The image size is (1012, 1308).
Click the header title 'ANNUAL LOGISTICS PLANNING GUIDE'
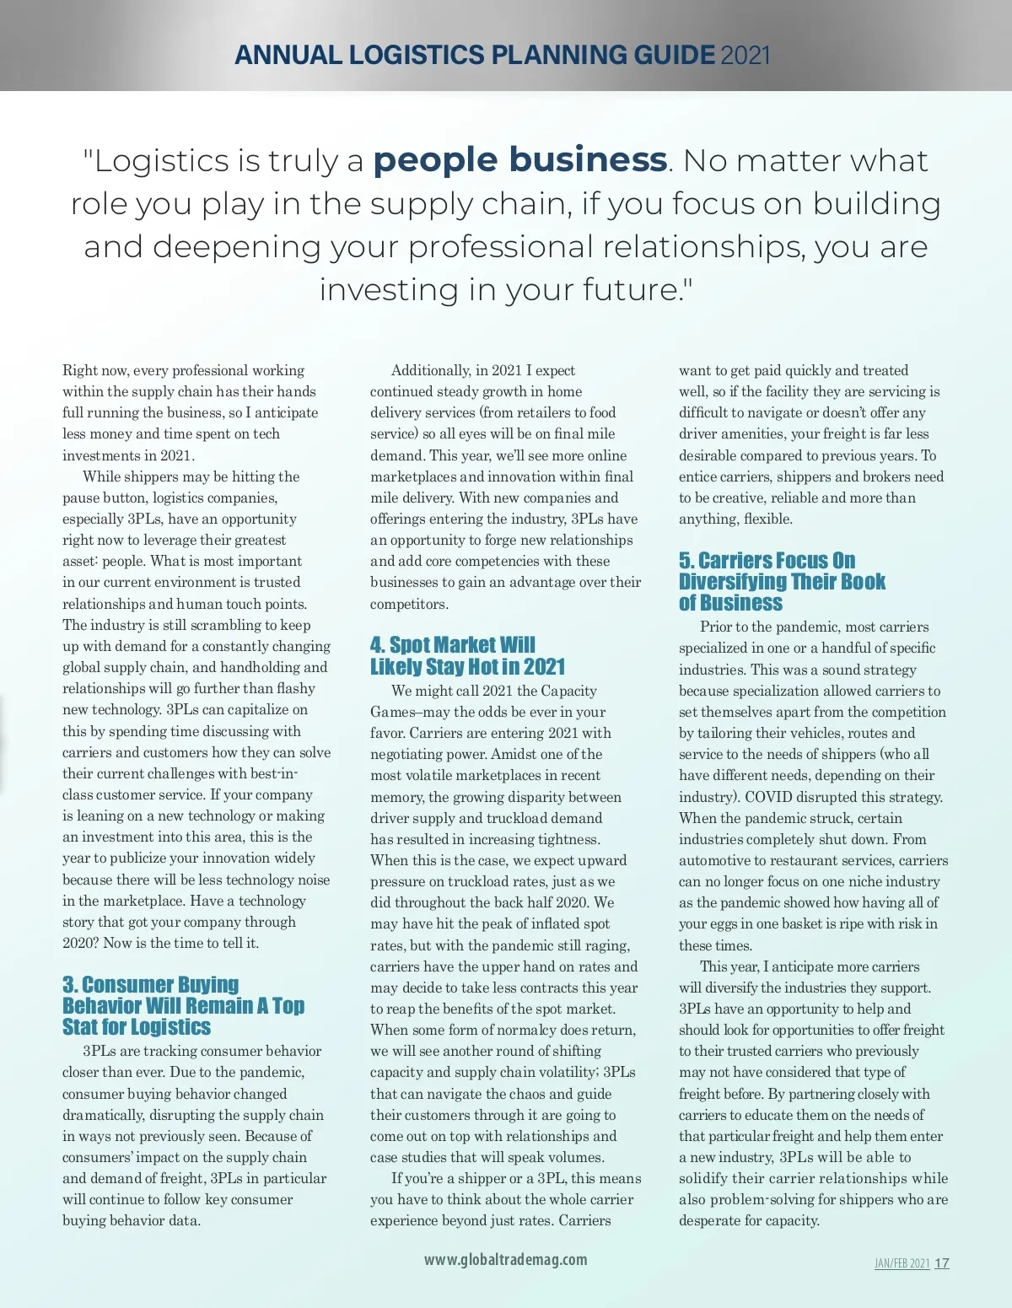[474, 56]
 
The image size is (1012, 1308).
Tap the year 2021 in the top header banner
[746, 56]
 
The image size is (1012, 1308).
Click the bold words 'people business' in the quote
[520, 160]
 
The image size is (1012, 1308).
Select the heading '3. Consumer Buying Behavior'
[183, 1005]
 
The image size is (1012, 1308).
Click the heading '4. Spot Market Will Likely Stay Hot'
[467, 655]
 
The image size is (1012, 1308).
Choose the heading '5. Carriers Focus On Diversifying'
[782, 582]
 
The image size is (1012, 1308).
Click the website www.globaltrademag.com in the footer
[505, 1259]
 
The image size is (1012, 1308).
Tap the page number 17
[942, 1263]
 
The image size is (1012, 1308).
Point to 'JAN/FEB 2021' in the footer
[902, 1263]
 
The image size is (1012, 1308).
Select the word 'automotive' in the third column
[715, 860]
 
